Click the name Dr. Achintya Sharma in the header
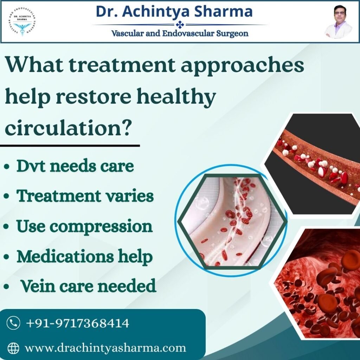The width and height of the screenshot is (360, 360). click(x=174, y=11)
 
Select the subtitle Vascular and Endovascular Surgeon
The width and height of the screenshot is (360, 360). click(x=180, y=34)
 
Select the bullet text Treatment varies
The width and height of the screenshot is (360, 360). click(x=85, y=196)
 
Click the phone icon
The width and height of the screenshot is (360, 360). click(x=13, y=323)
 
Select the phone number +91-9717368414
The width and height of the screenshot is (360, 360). click(x=78, y=323)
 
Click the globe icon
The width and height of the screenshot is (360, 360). click(x=13, y=348)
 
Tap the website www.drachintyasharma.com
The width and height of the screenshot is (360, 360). click(x=105, y=348)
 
